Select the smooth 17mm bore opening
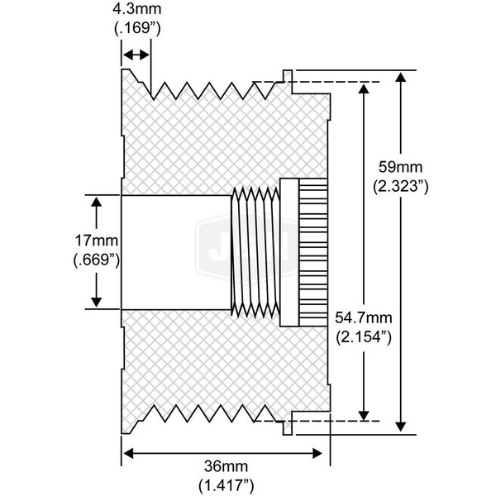(175, 252)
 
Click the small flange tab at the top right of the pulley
(286, 77)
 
